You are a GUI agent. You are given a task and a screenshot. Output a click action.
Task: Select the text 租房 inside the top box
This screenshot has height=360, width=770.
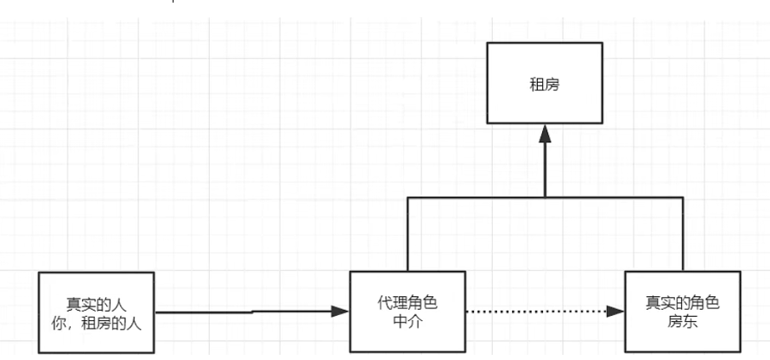(545, 85)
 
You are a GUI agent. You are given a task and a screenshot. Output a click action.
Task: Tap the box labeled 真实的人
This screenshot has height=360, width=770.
(97, 313)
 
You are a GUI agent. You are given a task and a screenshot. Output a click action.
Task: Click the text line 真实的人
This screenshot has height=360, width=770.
(97, 305)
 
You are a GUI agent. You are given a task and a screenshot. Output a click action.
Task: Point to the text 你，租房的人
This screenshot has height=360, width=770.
(97, 324)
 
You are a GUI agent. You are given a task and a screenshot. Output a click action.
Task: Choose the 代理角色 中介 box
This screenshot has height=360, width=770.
(407, 313)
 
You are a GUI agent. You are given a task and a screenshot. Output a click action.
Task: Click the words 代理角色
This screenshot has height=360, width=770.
(407, 304)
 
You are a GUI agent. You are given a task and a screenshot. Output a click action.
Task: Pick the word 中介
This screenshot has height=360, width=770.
(407, 323)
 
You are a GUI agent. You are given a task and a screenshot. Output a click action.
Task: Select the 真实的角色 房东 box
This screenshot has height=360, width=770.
(682, 313)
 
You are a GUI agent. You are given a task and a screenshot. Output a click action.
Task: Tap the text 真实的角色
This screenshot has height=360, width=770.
(682, 304)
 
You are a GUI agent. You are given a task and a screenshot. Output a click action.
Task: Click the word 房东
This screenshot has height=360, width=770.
(682, 323)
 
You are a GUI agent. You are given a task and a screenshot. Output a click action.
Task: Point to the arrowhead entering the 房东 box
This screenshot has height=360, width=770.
(615, 311)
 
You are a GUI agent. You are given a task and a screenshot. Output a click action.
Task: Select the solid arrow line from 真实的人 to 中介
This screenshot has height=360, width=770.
(250, 311)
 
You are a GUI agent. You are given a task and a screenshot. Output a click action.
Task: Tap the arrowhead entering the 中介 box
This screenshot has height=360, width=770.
(340, 311)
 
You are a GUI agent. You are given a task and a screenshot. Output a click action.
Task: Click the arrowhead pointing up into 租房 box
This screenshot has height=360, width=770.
(545, 134)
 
